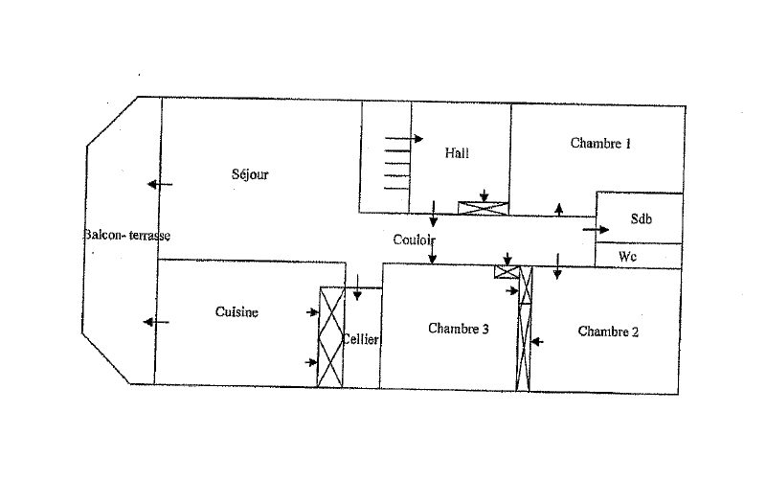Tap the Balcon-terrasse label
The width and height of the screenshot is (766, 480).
coord(126,236)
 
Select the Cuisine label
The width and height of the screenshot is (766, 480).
coord(237,312)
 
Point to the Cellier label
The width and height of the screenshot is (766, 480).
coord(362,340)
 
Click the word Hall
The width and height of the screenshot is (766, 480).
coord(457,152)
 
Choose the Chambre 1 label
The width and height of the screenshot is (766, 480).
coord(600,144)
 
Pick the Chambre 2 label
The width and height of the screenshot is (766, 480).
coord(608,331)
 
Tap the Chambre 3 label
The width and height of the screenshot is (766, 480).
coord(459,329)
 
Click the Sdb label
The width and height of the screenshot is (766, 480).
coord(641,218)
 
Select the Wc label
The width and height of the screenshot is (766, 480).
coord(628,257)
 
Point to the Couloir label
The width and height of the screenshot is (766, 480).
coord(415,240)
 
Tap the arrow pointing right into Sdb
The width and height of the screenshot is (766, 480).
coord(596,230)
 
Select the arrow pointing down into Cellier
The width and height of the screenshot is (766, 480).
coord(356,286)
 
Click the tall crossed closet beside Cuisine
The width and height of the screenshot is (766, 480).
coord(330,337)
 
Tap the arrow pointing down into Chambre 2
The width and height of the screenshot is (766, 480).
coord(557,272)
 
